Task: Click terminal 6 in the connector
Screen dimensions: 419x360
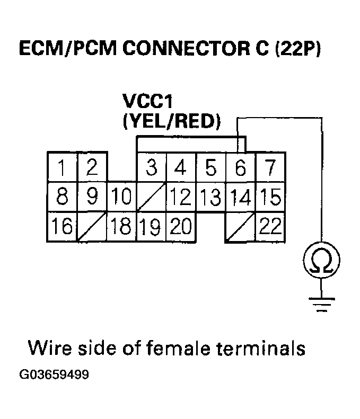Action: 241,168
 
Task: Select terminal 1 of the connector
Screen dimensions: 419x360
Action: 63,168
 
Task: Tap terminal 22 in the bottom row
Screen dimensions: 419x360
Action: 270,227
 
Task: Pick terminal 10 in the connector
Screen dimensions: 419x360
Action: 121,198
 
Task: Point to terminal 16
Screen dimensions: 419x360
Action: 63,227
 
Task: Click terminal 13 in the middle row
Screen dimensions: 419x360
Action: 211,198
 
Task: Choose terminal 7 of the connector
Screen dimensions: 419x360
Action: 270,168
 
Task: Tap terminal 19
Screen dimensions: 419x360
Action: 152,227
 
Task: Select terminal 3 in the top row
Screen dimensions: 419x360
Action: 152,168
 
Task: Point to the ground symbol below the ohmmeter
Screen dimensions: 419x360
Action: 321,304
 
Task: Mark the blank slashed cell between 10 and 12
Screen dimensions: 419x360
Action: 152,198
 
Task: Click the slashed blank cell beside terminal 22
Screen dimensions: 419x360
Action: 241,227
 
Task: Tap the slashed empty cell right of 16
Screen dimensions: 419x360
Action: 92,227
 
